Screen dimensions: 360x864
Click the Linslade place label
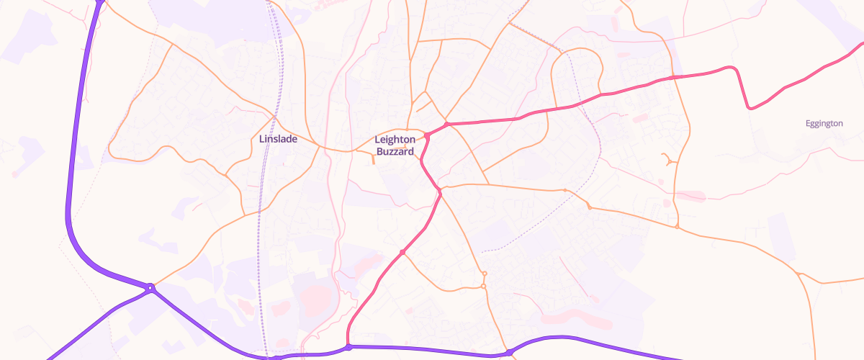[x=278, y=139]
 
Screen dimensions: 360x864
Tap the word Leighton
[x=395, y=140]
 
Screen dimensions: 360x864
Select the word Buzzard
[x=395, y=152]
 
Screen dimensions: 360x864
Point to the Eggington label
[x=824, y=124]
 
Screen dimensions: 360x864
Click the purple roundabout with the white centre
[x=150, y=288]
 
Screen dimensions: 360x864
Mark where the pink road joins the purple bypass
[x=348, y=347]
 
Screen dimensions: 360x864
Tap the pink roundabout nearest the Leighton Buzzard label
[x=427, y=135]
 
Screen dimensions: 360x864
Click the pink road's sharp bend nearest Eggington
[x=750, y=108]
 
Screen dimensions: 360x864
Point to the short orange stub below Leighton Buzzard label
[x=373, y=160]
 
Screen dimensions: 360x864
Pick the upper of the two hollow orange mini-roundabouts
[x=485, y=274]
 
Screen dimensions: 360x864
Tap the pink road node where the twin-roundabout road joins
[x=403, y=252]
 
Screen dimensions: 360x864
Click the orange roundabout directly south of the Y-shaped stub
[x=678, y=228]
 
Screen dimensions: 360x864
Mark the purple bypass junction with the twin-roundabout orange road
[x=509, y=353]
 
